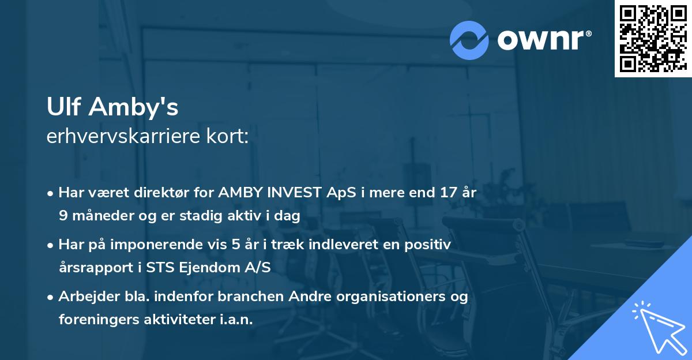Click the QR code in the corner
click(x=653, y=39)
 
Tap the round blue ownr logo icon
click(x=469, y=40)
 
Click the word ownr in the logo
click(x=544, y=40)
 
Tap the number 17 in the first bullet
click(x=447, y=193)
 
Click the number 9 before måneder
click(x=63, y=216)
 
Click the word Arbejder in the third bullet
click(x=84, y=297)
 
